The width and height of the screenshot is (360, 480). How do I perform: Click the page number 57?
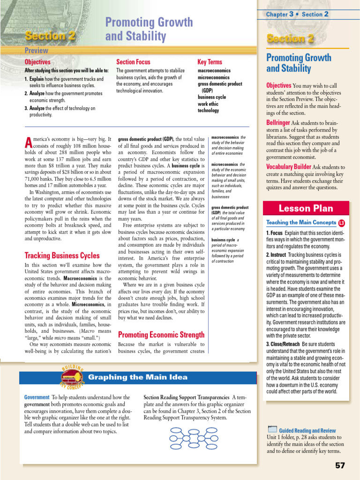pyautogui.click(x=340, y=465)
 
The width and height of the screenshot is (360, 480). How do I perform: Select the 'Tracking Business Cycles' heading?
pyautogui.click(x=62, y=255)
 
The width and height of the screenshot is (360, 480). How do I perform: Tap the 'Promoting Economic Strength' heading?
pyautogui.click(x=161, y=335)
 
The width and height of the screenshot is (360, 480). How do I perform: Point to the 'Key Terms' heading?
pyautogui.click(x=210, y=62)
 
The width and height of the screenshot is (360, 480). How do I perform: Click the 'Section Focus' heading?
pyautogui.click(x=133, y=62)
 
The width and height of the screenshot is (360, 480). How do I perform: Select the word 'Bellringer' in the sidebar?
pyautogui.click(x=278, y=123)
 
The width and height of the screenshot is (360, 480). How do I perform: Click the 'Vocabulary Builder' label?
pyautogui.click(x=288, y=167)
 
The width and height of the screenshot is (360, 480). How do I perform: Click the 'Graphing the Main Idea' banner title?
pyautogui.click(x=138, y=377)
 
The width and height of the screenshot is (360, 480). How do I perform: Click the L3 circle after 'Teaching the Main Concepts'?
pyautogui.click(x=341, y=223)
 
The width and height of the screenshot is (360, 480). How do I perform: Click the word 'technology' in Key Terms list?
pyautogui.click(x=208, y=111)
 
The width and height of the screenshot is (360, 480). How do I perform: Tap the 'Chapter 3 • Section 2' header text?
pyautogui.click(x=297, y=14)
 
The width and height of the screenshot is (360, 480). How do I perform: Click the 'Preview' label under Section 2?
pyautogui.click(x=37, y=50)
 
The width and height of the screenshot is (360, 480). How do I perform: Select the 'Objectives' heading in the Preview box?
pyautogui.click(x=37, y=62)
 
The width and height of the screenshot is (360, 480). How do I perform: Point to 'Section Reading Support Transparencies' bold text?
pyautogui.click(x=187, y=397)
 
